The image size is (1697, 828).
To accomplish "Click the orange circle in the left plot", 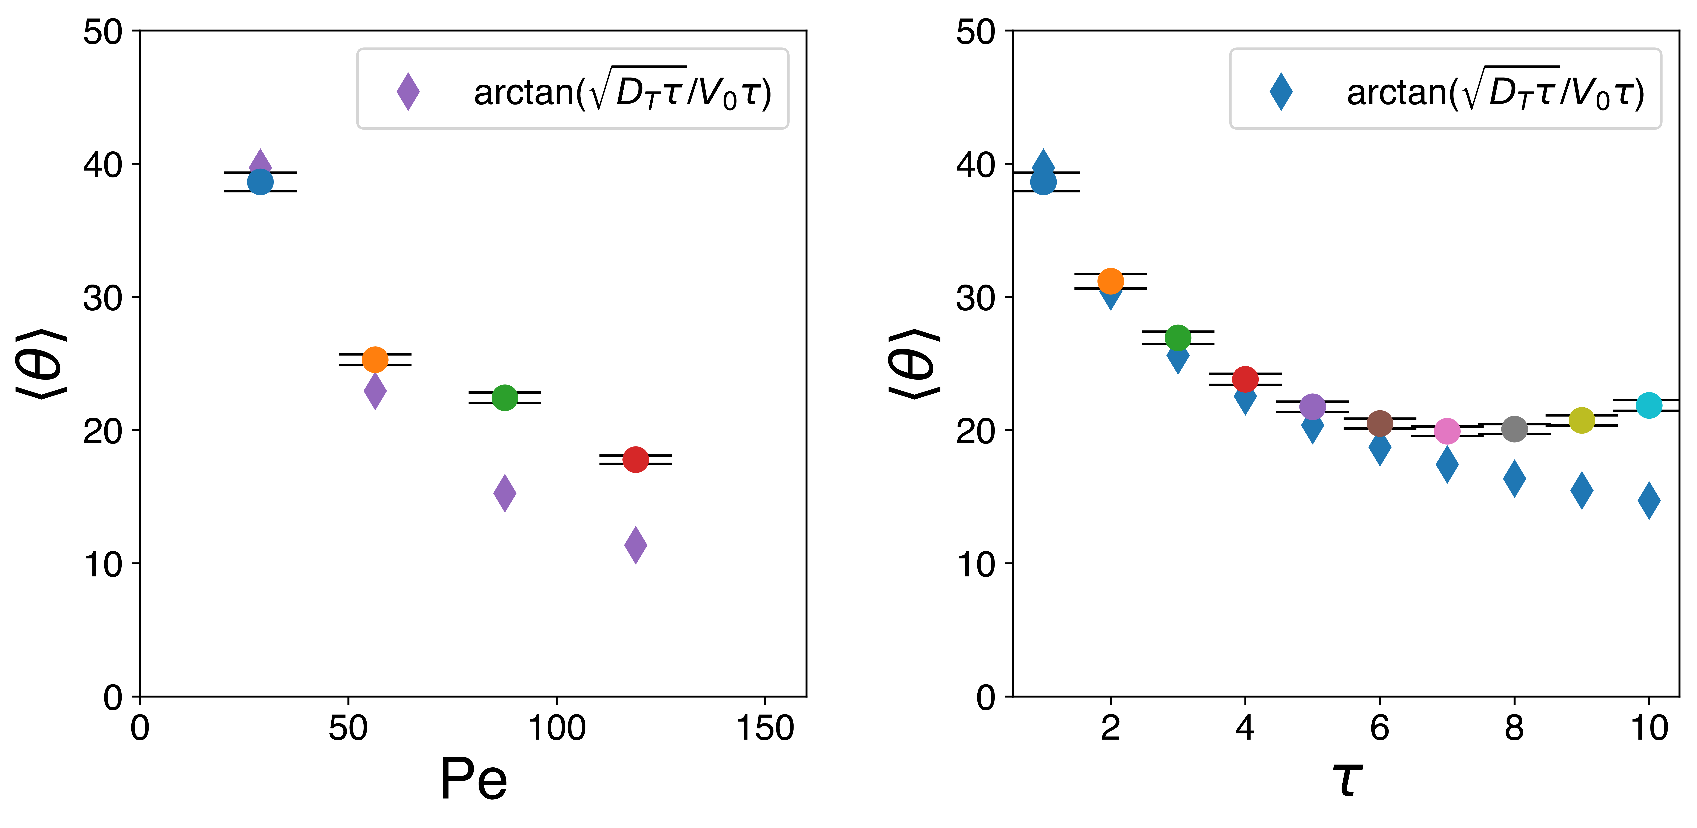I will click(x=375, y=360).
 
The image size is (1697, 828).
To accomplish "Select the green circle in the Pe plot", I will click(x=505, y=397).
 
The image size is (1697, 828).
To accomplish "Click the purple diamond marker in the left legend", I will click(x=408, y=92).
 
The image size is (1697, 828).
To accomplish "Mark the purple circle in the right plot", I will click(x=1312, y=406).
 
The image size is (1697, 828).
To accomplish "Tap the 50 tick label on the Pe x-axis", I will click(x=348, y=728).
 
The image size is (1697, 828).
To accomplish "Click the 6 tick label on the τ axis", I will click(x=1380, y=728).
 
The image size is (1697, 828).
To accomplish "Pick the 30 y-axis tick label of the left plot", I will click(x=103, y=298).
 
